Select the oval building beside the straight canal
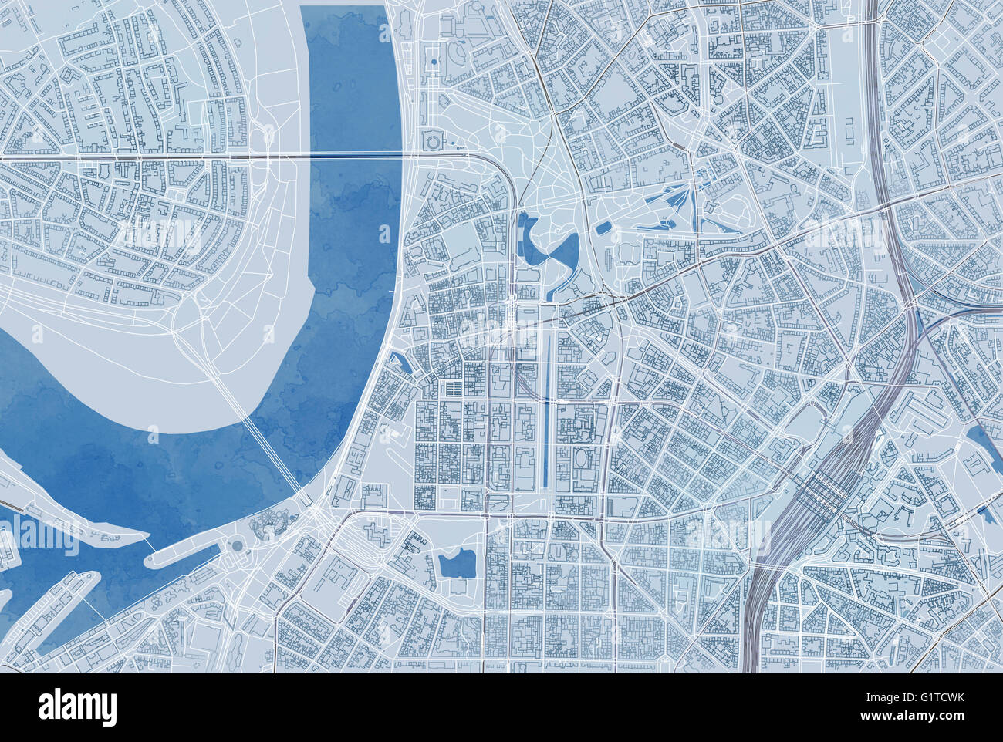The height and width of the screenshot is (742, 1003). pyautogui.click(x=581, y=460)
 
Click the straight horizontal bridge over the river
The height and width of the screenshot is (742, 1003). pyautogui.click(x=355, y=157)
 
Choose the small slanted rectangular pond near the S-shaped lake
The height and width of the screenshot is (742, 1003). pyautogui.click(x=604, y=228)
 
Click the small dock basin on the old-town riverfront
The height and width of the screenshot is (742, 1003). pyautogui.click(x=398, y=360)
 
